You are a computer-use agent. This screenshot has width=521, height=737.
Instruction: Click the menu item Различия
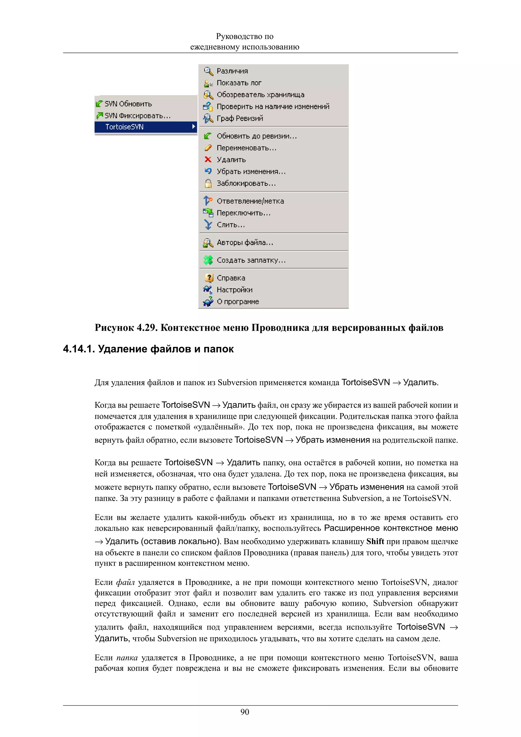[x=232, y=71]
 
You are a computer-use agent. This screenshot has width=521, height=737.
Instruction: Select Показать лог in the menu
[x=239, y=83]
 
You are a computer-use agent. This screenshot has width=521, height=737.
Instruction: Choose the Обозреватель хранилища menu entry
[x=260, y=95]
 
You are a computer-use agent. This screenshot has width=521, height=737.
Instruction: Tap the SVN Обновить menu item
[x=128, y=104]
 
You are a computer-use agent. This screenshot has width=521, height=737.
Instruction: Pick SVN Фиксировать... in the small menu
[x=137, y=115]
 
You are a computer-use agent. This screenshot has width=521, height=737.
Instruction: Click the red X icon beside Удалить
[x=208, y=159]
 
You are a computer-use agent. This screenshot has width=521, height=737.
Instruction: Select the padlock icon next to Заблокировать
[x=208, y=183]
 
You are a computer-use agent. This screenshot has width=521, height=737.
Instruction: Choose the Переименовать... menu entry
[x=246, y=148]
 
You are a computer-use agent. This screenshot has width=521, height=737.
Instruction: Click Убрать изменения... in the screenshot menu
[x=251, y=171]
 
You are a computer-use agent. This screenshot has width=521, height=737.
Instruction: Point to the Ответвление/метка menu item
[x=250, y=201]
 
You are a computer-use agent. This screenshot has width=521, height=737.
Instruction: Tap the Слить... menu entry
[x=230, y=225]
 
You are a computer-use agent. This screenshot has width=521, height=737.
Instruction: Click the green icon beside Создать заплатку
[x=208, y=260]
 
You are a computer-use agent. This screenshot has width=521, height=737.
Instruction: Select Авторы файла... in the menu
[x=245, y=243]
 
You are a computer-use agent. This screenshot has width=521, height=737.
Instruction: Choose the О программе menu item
[x=238, y=302]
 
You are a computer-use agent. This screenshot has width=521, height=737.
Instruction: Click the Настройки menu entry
[x=234, y=290]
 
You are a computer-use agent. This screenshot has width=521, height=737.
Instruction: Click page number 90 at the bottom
[x=245, y=712]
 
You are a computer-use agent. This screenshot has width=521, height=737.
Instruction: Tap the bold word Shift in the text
[x=375, y=541]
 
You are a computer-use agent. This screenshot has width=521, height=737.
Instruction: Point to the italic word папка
[x=127, y=658]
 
